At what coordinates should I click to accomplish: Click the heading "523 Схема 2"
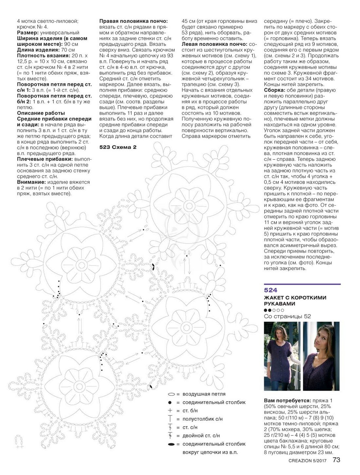click(x=117, y=147)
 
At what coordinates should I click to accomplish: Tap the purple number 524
click(x=270, y=290)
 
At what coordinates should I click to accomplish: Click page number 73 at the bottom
click(x=336, y=460)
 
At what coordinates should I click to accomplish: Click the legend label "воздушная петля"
click(x=204, y=394)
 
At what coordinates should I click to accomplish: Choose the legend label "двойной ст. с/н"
click(x=201, y=436)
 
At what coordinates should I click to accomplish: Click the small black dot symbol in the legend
click(x=170, y=402)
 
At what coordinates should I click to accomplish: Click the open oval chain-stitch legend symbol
click(x=171, y=394)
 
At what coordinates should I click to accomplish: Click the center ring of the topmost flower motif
click(x=189, y=205)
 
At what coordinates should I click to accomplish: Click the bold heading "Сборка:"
click(x=274, y=90)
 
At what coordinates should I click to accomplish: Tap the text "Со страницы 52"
click(x=287, y=316)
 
